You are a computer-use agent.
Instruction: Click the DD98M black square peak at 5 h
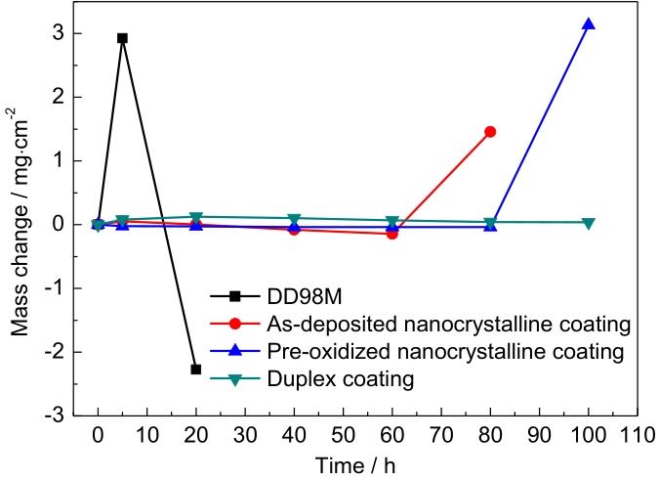click(x=122, y=38)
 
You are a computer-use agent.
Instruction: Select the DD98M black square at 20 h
click(x=196, y=370)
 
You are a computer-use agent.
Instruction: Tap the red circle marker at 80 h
click(x=490, y=131)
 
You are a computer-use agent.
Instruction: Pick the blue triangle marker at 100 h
click(x=588, y=24)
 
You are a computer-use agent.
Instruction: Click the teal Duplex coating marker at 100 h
click(x=588, y=223)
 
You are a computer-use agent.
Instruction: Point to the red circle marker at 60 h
click(x=392, y=234)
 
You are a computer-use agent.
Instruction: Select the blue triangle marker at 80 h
click(x=490, y=226)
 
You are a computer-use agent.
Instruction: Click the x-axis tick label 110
click(x=637, y=433)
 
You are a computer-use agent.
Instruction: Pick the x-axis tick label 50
click(x=343, y=433)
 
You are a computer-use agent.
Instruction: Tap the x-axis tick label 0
click(x=98, y=433)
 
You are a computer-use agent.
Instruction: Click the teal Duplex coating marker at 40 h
click(x=294, y=219)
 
